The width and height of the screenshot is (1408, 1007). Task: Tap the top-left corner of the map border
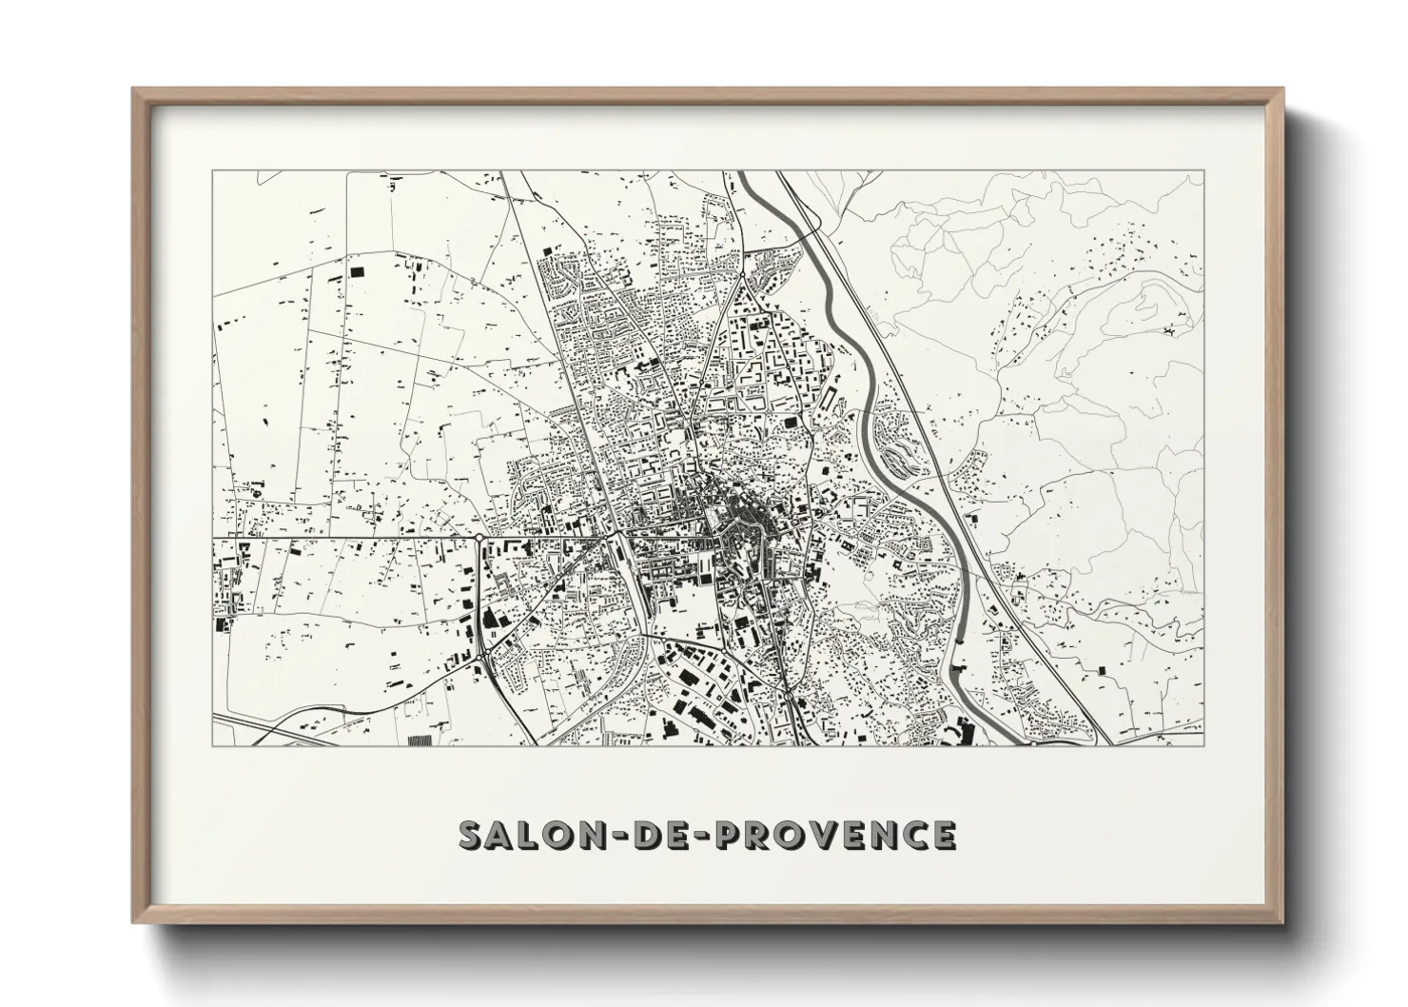pos(212,171)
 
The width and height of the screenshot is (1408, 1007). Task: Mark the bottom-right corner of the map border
pos(1203,745)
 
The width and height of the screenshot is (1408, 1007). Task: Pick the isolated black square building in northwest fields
pos(358,270)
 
